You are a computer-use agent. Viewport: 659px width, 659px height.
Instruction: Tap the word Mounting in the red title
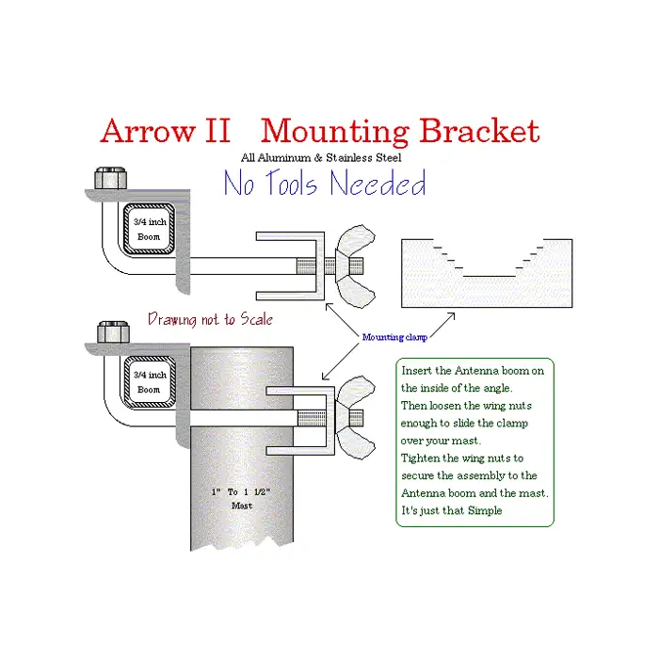pos(333,133)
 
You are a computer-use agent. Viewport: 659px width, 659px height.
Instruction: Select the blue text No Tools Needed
pos(324,184)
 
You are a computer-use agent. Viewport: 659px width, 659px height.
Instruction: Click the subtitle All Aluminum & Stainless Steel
pos(321,157)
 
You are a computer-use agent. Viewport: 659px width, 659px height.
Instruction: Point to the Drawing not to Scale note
pos(211,319)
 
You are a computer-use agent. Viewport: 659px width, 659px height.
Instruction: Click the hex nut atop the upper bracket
pos(110,179)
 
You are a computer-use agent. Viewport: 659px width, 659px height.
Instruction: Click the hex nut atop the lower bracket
pos(112,332)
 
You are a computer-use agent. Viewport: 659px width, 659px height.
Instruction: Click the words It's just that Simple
pos(452,510)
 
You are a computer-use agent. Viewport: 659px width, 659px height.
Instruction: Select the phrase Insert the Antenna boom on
pos(472,371)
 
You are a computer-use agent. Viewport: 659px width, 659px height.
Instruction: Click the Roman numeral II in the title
pos(217,131)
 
